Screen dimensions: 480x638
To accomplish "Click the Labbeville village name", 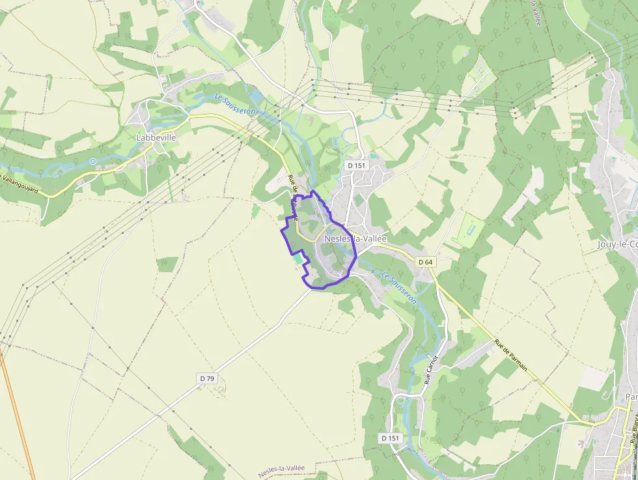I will (156, 138).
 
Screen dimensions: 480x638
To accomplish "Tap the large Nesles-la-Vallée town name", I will (355, 238).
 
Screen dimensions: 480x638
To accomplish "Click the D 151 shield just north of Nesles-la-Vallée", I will (357, 165).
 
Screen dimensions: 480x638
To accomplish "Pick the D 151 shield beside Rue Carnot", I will (390, 438).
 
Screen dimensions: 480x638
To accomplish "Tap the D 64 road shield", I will (425, 262).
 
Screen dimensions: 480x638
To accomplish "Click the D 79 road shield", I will (207, 378).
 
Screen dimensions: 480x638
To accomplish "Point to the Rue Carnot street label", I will (432, 369).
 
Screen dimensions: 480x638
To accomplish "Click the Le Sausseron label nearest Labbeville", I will (236, 104).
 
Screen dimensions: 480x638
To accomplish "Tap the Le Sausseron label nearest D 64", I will (398, 287).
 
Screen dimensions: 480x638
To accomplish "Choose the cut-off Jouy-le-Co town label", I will (617, 245).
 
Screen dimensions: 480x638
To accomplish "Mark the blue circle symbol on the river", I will (93, 161).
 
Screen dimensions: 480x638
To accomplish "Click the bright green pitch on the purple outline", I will (298, 259).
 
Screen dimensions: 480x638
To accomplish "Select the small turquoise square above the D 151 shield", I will (372, 156).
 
